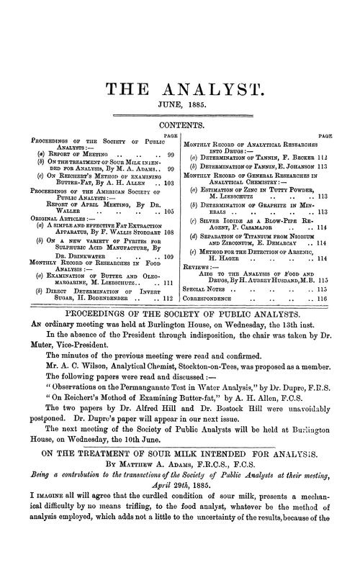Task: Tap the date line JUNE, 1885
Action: pos(179,109)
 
